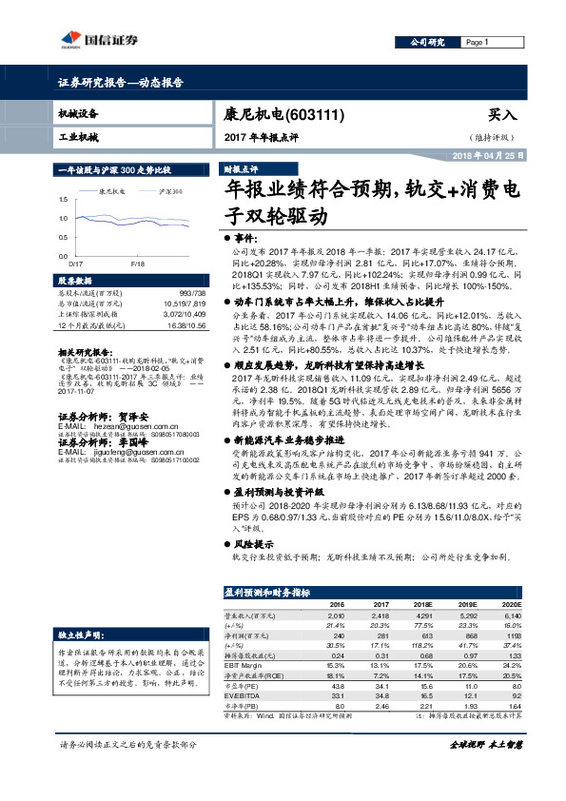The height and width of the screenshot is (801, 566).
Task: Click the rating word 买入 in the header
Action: (501, 113)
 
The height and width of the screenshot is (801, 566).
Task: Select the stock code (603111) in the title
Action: (315, 114)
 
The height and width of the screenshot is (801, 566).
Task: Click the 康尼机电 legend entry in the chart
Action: (113, 190)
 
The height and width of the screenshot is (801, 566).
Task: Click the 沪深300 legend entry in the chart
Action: (172, 190)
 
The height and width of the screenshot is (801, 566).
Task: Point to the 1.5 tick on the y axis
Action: (64, 200)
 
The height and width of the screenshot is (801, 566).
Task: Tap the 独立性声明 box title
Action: (78, 633)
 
